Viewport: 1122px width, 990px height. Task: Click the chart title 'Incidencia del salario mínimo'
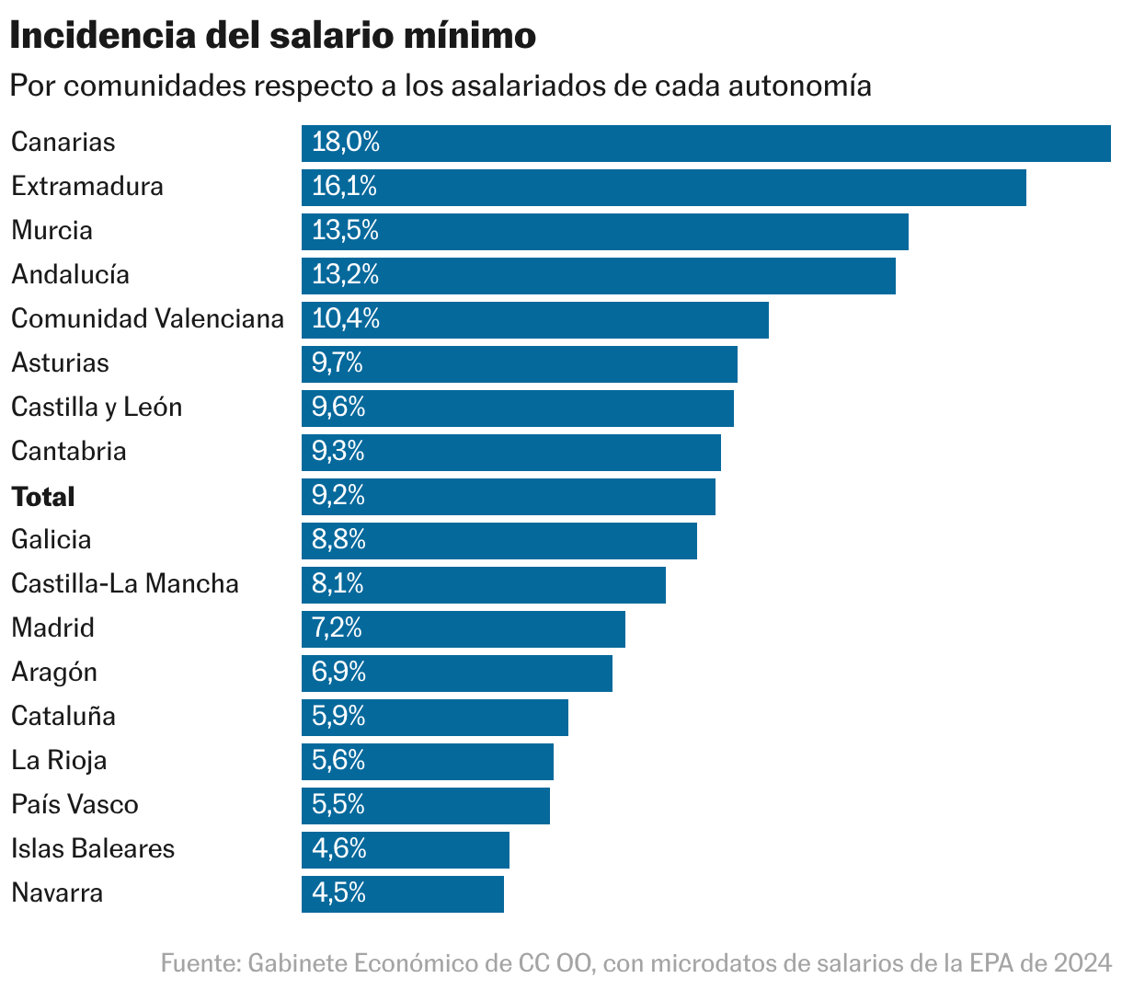[x=273, y=37]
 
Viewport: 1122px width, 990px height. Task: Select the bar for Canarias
[x=705, y=143]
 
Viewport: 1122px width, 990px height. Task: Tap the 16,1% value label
[x=345, y=187]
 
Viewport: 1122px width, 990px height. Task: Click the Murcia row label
[x=52, y=230]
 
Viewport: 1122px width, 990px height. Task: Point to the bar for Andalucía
[x=598, y=275]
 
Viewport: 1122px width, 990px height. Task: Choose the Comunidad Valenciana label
[x=147, y=319]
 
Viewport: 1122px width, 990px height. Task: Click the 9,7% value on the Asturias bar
[x=338, y=363]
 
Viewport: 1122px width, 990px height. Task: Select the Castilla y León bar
[x=517, y=408]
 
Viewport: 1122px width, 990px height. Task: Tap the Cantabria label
[x=69, y=452]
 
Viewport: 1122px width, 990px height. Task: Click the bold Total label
[x=43, y=497]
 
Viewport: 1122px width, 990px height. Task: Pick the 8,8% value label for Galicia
[x=338, y=540]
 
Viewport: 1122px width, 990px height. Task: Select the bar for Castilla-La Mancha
[x=483, y=584]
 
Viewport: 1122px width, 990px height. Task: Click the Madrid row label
[x=53, y=628]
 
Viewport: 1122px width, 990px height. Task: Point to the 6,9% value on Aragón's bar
[x=338, y=673]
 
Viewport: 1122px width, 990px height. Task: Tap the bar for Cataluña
[x=434, y=717]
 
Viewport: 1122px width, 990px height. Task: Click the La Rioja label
[x=59, y=761]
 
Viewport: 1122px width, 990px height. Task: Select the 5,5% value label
[x=338, y=805]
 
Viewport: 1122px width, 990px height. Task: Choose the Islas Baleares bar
[x=405, y=849]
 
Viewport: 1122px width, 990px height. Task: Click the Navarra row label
[x=57, y=893]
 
